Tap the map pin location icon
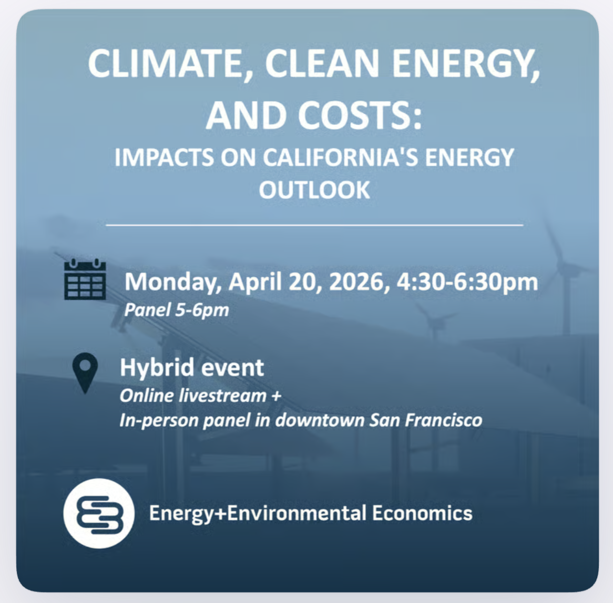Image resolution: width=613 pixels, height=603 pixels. [85, 373]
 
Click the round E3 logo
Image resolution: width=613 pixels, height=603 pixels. [99, 514]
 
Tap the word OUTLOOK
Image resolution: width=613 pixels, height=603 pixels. [314, 189]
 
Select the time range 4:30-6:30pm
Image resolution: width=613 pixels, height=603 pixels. [467, 282]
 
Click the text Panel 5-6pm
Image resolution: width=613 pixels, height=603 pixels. [177, 310]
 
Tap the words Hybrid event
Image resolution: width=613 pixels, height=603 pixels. [192, 367]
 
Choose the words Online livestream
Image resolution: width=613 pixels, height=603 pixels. [193, 395]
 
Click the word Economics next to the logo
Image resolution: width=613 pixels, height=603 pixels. [422, 513]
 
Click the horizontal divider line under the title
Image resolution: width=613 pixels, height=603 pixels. [314, 225]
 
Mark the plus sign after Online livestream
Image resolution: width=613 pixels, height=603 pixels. [276, 396]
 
